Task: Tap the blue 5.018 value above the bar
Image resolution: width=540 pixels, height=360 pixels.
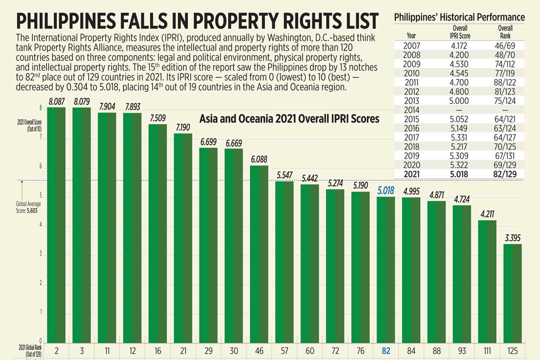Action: point(385,190)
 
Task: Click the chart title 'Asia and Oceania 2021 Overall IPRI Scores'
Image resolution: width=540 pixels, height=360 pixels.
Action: point(289,119)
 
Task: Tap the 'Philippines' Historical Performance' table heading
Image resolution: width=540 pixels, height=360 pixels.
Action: point(459,17)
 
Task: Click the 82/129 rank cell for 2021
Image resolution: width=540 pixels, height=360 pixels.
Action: point(505,174)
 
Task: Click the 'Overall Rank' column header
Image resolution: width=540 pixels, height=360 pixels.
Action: point(505,31)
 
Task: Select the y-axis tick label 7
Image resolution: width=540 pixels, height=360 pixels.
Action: point(40,136)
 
